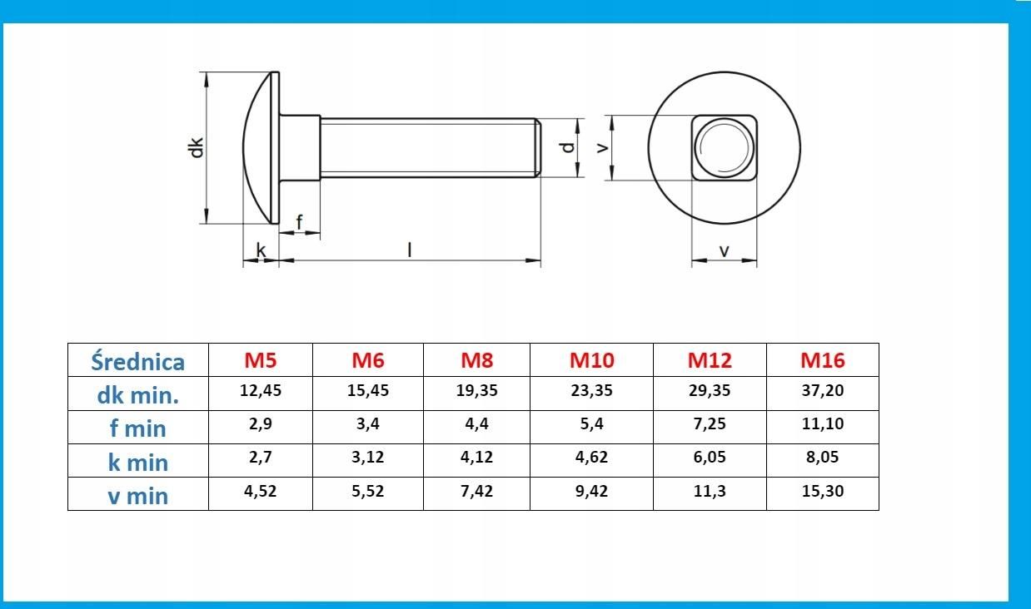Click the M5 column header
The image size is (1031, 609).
point(260,360)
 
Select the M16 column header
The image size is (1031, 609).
point(823,360)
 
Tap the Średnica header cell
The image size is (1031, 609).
point(137,361)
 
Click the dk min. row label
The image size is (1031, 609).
point(137,394)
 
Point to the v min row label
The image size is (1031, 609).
point(137,496)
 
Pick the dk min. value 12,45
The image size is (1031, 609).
point(260,390)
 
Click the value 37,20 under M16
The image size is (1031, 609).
point(823,390)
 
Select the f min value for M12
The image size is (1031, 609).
point(710,423)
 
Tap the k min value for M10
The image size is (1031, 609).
point(591,458)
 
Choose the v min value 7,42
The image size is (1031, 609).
point(476,491)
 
